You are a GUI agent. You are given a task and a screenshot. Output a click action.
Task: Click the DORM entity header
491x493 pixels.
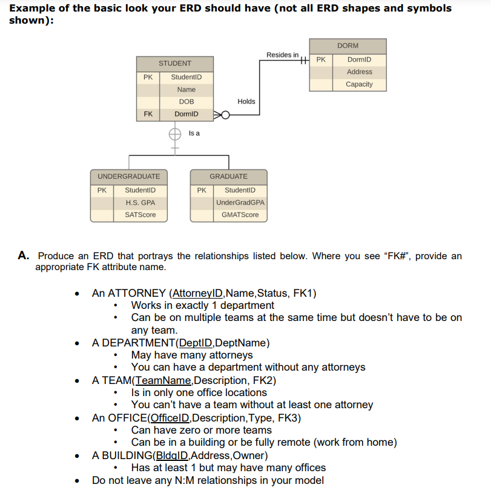coord(348,46)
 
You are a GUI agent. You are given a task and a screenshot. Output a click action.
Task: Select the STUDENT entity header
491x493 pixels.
coord(175,64)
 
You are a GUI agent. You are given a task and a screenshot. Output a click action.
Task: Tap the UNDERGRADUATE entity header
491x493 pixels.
coord(129,176)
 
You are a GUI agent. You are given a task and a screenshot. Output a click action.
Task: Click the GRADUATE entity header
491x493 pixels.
coord(228,176)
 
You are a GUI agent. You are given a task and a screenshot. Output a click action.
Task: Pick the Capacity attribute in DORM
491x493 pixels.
coord(359,84)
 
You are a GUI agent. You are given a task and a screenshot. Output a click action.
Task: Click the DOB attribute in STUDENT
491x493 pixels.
coord(186,102)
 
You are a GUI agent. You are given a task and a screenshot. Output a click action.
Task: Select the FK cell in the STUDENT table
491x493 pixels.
coord(148,114)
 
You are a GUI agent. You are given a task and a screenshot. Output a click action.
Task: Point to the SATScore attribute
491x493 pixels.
coord(140,215)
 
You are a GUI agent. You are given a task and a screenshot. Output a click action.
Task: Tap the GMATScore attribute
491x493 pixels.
coord(240,215)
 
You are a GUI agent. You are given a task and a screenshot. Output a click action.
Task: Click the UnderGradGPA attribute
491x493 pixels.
coord(240,202)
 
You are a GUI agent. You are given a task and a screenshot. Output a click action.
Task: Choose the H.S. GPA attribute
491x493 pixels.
coord(140,202)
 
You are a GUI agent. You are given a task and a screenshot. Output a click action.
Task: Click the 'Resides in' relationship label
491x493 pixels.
coord(282,55)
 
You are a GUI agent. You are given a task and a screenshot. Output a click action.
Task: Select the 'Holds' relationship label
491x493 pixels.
coord(246,102)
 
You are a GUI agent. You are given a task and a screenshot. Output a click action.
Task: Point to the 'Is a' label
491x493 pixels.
coord(194,133)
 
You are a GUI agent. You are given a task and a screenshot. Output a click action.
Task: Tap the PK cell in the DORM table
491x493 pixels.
coord(321,60)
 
